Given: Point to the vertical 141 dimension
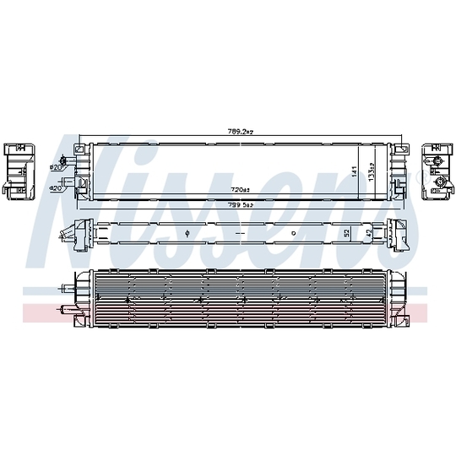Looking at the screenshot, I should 355,170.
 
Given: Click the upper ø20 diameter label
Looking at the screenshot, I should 57,167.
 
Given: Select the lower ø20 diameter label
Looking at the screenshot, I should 57,188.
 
